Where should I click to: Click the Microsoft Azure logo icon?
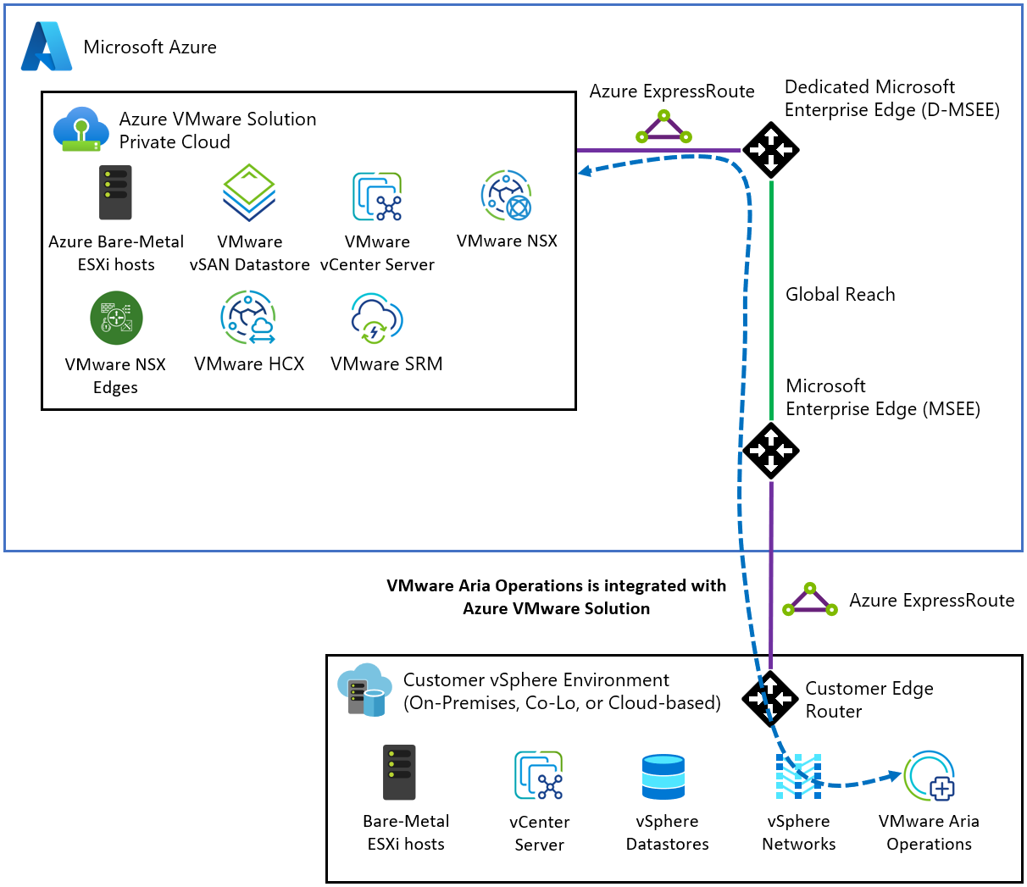click(47, 47)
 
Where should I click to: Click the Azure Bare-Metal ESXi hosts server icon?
click(115, 193)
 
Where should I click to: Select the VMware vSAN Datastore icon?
click(249, 193)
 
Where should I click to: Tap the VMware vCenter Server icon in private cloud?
click(377, 196)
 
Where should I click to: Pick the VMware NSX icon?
click(507, 196)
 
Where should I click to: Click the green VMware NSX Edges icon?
click(116, 318)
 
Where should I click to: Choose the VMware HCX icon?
click(248, 318)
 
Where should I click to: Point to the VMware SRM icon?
click(377, 318)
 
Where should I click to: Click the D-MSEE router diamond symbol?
click(771, 150)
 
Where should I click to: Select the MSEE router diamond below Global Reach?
click(771, 450)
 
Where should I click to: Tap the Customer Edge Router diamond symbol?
click(770, 699)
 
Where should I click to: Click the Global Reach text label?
click(840, 294)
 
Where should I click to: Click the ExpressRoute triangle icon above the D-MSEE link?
click(664, 129)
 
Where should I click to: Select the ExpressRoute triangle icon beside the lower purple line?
click(810, 600)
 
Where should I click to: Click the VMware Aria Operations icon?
click(930, 776)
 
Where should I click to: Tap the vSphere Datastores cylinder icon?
click(663, 777)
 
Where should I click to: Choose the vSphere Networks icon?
click(798, 777)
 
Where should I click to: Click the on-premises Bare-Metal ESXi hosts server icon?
click(399, 773)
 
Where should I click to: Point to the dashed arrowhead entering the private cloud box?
click(585, 172)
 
